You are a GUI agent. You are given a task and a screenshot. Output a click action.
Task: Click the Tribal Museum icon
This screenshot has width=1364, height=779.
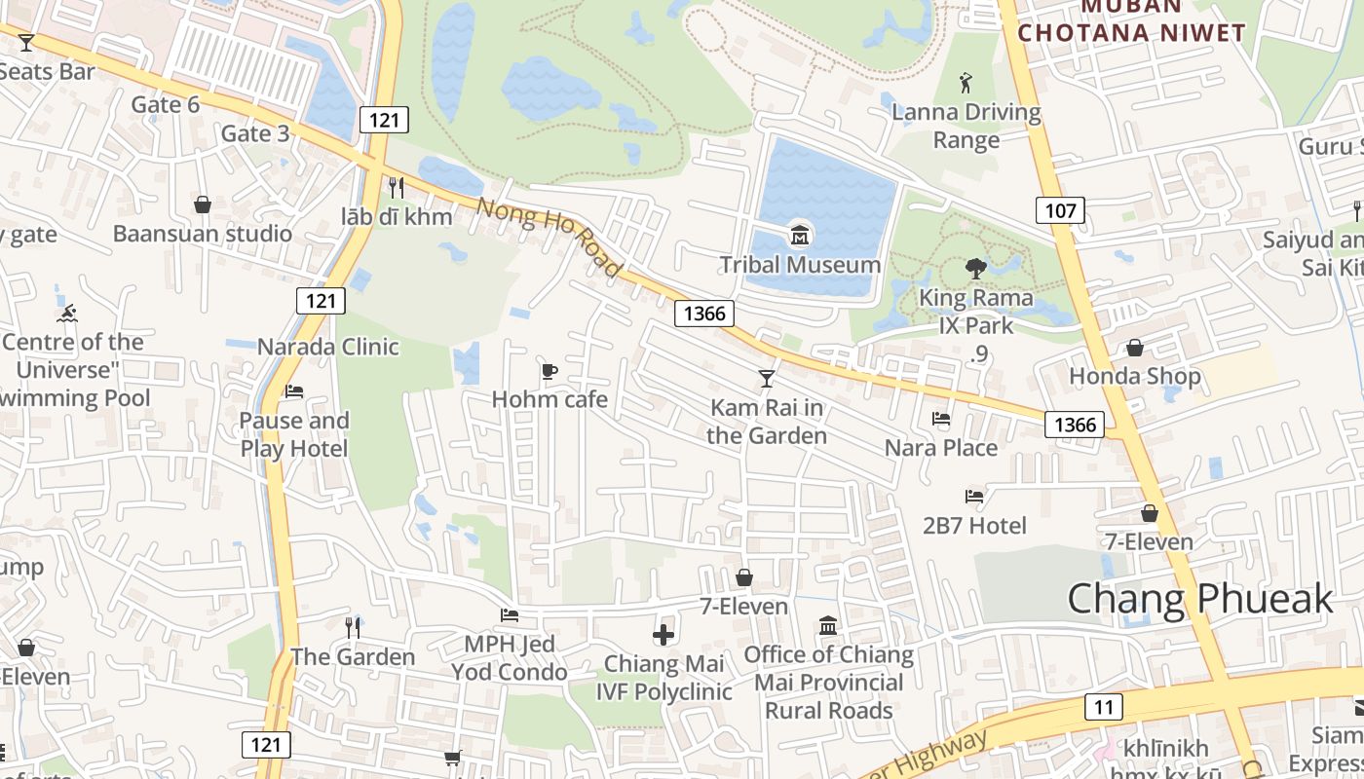point(800,235)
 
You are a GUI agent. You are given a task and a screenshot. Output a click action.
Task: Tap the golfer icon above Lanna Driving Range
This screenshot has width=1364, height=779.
point(966,82)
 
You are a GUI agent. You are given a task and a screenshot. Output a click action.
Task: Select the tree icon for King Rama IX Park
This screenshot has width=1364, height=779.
point(975,268)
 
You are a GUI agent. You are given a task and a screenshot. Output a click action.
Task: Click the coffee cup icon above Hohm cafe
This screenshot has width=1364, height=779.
point(549,371)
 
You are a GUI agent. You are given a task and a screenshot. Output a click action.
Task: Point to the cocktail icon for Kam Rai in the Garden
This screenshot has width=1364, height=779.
point(767,378)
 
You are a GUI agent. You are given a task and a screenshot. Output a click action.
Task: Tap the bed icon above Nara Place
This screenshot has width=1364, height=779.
point(941,419)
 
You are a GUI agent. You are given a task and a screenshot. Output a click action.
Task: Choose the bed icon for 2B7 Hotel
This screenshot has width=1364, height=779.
point(973,497)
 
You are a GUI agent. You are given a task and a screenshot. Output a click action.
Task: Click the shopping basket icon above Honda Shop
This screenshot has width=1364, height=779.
point(1135,348)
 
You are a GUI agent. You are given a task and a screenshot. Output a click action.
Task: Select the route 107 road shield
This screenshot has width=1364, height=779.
point(1060,209)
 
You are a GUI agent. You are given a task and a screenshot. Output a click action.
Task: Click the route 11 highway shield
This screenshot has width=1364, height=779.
point(1103,706)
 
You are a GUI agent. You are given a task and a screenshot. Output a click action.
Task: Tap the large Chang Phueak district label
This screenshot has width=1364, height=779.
point(1199,598)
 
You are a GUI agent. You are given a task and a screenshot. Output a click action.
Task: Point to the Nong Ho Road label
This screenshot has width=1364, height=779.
point(549,238)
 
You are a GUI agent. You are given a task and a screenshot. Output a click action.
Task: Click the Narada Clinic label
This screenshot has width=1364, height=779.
point(328,347)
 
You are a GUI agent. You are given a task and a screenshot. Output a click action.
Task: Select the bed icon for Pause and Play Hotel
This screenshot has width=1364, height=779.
point(293,391)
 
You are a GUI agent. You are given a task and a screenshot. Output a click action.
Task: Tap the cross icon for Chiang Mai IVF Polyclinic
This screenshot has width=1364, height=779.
point(663,635)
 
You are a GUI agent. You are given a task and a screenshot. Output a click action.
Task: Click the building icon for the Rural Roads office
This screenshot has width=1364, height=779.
point(828,625)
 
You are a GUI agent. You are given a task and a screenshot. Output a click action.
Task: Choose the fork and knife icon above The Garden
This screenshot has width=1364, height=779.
point(353,627)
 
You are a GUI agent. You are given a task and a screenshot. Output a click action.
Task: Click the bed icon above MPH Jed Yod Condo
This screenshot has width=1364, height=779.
point(509,614)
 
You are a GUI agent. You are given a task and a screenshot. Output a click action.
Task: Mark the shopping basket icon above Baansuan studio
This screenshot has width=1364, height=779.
point(203,204)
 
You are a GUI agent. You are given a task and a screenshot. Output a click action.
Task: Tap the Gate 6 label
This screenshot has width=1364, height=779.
point(165,104)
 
